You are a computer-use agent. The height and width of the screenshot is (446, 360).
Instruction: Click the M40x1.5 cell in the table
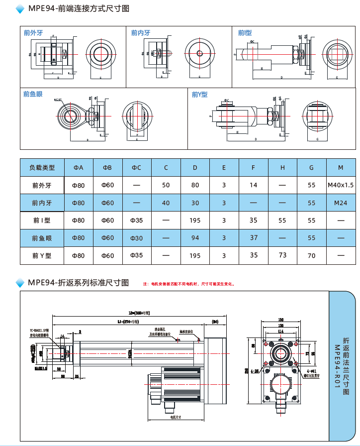point(341,185)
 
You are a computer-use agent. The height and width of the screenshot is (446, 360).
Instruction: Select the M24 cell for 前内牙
point(341,203)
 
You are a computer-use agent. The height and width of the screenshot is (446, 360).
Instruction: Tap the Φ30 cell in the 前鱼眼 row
point(136,238)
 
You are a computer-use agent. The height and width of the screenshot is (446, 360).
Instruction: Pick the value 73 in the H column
point(282,255)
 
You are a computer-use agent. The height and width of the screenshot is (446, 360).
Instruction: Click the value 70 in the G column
point(312,255)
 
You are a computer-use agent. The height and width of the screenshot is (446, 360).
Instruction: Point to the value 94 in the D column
point(195,238)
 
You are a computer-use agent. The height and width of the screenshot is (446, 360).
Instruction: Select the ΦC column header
point(136,168)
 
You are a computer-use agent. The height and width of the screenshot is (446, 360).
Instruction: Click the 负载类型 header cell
point(42,168)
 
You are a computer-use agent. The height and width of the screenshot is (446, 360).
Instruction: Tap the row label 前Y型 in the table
point(42,255)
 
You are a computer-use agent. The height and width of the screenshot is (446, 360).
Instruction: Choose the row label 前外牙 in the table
point(42,185)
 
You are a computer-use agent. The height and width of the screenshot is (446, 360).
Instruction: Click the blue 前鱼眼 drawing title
point(33,94)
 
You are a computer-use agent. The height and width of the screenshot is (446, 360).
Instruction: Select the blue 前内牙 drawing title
point(141,33)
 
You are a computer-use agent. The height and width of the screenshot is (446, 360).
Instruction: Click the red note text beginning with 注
point(188,284)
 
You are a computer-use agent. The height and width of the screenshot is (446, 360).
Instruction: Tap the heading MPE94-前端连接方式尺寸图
point(79,8)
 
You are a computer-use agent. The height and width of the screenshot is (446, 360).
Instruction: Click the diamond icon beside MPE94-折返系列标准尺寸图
point(20,283)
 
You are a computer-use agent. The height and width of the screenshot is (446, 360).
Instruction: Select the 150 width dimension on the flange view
point(281,320)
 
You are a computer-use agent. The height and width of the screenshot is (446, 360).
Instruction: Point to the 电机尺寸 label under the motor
point(175,416)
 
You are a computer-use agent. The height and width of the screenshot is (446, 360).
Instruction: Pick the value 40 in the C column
point(166,203)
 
